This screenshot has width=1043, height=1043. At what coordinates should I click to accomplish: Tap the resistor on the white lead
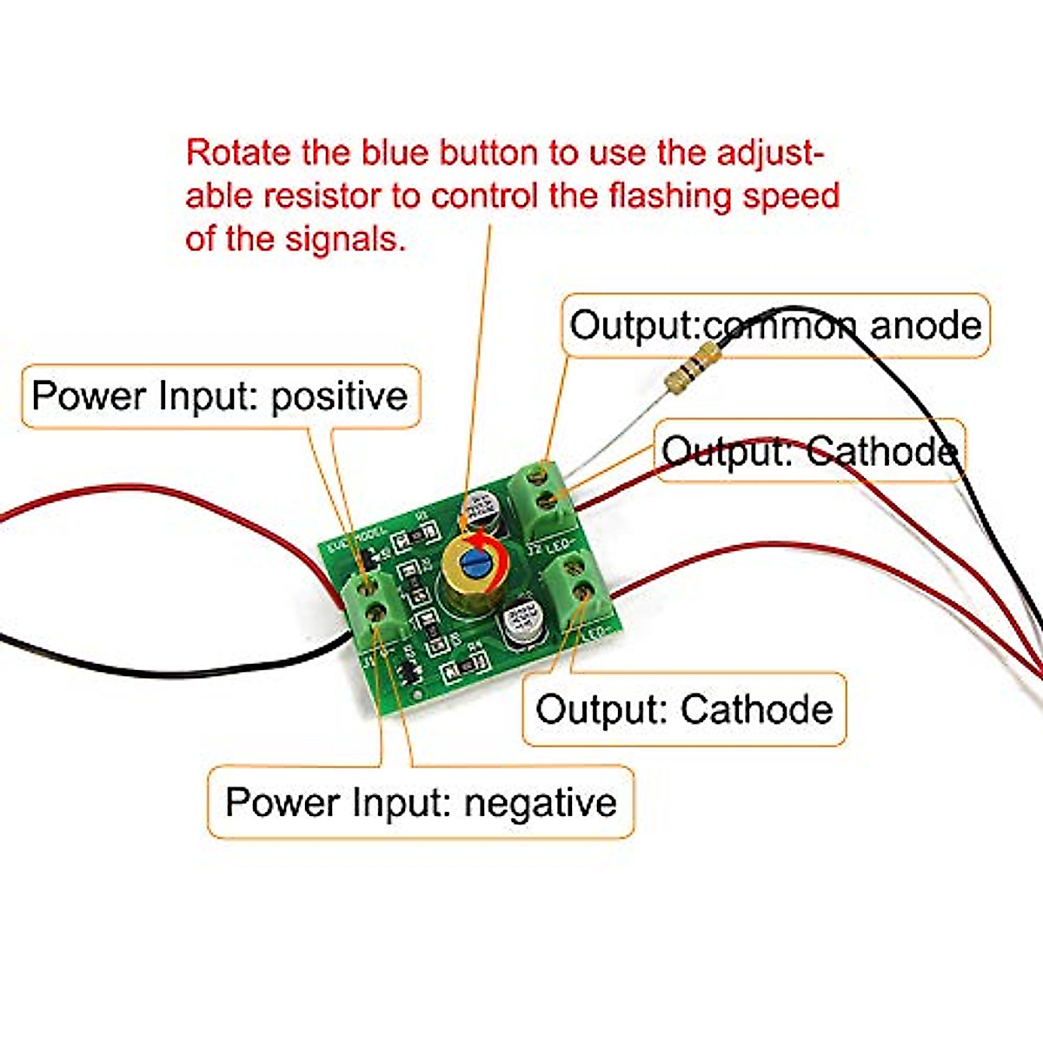(691, 368)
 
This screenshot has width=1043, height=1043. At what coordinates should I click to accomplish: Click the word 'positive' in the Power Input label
(339, 396)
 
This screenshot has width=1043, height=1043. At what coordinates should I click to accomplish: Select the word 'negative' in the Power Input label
(540, 801)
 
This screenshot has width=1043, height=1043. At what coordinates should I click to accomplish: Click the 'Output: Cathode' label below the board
(684, 709)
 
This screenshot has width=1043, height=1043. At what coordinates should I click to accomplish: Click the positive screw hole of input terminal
(369, 583)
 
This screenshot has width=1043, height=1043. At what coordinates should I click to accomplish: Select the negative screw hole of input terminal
(377, 611)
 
